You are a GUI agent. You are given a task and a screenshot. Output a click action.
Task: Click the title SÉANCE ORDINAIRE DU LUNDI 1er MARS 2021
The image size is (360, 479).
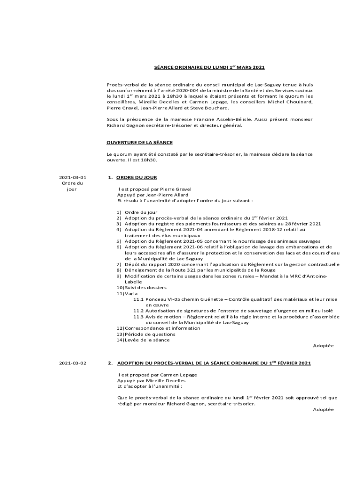point(209,67)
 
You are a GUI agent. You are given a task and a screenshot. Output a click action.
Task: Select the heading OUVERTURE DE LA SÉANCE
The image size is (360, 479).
point(140,142)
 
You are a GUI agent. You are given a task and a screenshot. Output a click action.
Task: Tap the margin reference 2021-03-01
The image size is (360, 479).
point(72,177)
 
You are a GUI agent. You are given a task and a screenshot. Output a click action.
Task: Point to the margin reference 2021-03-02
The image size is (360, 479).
point(72,363)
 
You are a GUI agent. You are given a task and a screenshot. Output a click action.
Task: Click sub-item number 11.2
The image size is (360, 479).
point(138,311)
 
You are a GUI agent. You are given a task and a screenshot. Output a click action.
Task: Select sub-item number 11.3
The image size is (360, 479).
point(138,317)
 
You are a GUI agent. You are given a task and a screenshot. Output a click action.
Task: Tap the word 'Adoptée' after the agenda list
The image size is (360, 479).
point(323,346)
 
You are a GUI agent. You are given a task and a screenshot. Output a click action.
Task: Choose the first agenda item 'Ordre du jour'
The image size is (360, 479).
point(141,212)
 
